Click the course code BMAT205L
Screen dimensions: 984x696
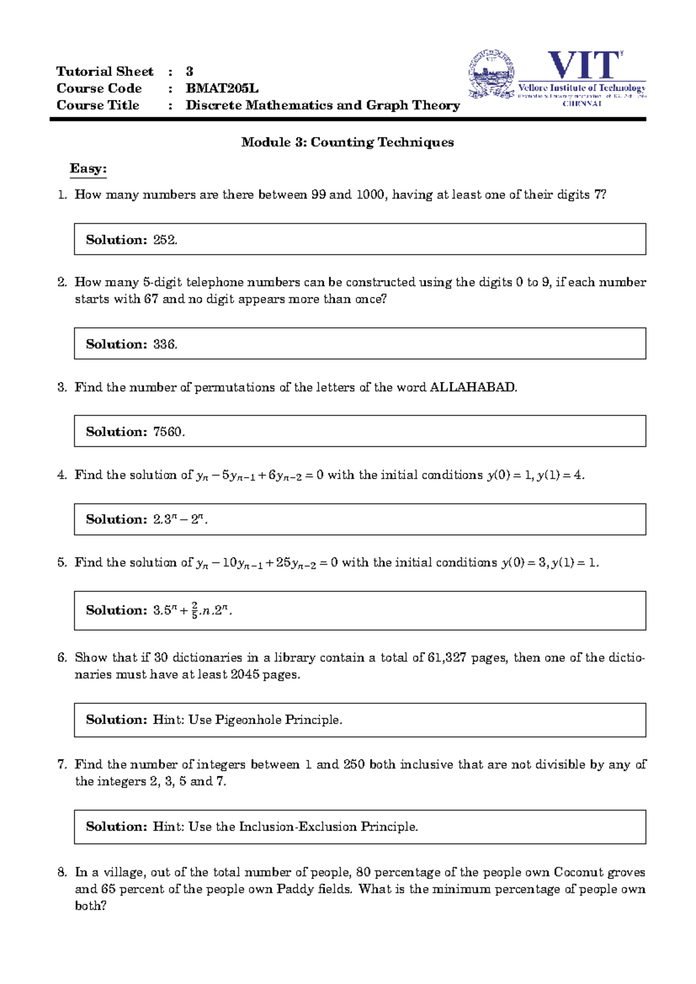point(222,88)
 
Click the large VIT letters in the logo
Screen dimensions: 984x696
point(584,65)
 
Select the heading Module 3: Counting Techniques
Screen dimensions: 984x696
point(347,142)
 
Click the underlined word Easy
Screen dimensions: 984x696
point(88,168)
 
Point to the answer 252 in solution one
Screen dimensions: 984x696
point(165,240)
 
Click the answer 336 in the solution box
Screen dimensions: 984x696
point(165,344)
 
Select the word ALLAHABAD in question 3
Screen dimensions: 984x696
point(472,387)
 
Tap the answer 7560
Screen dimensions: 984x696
point(168,432)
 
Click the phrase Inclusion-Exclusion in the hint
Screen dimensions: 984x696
point(298,826)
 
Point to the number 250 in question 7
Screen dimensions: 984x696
point(354,764)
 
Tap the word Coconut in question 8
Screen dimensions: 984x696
point(577,872)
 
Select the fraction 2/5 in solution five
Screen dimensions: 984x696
point(194,610)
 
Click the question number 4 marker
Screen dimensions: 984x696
point(62,475)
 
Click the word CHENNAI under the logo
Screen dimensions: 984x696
point(582,104)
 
